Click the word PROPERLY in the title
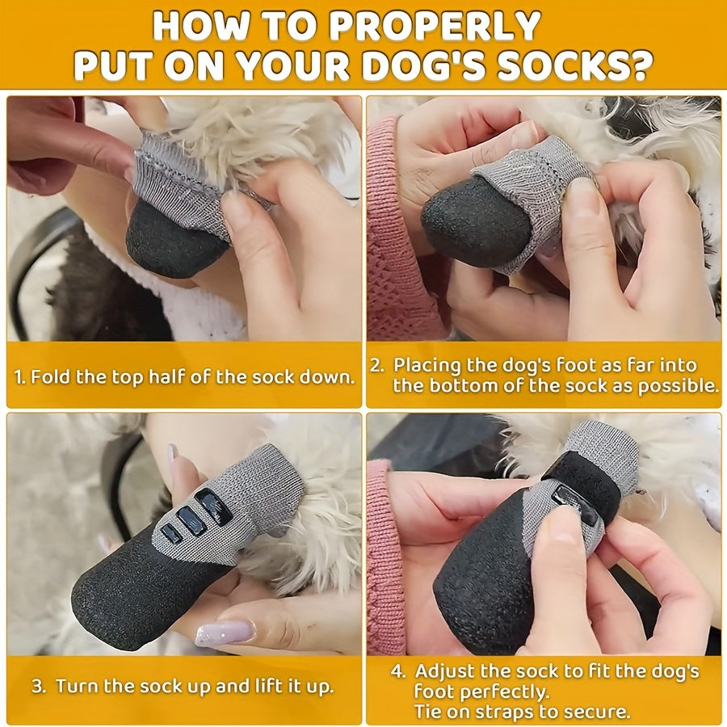point(435,26)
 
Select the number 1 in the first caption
point(19,377)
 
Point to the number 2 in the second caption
point(376,366)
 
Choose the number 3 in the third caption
point(38,687)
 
